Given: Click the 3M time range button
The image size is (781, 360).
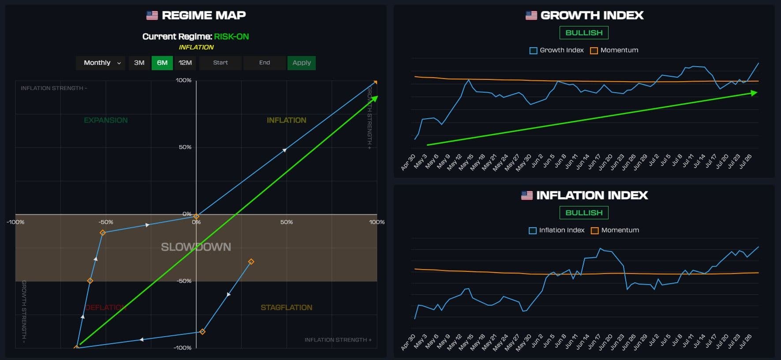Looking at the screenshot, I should point(139,63).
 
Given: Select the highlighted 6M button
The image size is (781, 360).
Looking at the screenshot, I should point(162,63).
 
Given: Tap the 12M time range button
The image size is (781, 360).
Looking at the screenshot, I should point(185,63).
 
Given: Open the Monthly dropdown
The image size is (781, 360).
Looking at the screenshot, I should point(101,63).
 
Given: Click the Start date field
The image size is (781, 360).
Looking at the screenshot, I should point(220,63).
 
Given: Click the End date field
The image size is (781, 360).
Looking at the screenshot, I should point(265,63).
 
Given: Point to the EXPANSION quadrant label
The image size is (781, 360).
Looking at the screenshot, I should point(106,120).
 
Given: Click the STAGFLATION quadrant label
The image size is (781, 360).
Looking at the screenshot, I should point(286,307).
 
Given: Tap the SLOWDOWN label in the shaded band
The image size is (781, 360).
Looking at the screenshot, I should point(196,247).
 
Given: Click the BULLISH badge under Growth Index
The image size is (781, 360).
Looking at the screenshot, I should point(584,33).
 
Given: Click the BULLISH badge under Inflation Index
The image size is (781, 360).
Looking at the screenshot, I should point(584,213).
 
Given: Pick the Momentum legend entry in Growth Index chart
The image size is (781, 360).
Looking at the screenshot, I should point(614,50).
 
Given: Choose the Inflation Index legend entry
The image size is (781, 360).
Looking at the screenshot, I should point(557,230).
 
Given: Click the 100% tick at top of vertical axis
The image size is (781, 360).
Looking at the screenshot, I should point(183,80).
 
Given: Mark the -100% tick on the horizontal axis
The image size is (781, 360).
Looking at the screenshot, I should point(15,222).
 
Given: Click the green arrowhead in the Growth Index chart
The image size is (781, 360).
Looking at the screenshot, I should point(755,93).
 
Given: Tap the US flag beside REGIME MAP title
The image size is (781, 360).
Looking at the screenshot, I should point(152,15).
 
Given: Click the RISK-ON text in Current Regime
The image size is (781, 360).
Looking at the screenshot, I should point(232,37).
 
